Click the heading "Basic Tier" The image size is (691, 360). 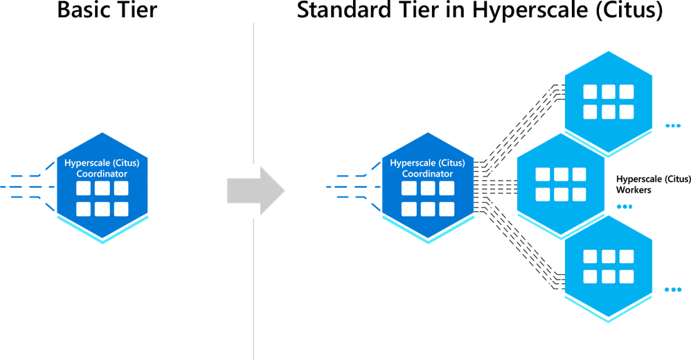[107, 10]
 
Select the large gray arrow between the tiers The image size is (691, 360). [256, 191]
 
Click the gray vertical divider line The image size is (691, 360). [254, 191]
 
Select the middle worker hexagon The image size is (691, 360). [561, 184]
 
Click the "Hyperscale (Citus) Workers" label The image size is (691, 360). [653, 184]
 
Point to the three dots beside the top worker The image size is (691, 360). [673, 126]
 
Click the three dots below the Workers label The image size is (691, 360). [625, 206]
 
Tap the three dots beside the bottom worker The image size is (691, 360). [673, 289]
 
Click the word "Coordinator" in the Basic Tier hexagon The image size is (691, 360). [102, 174]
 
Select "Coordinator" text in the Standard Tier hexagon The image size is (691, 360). [427, 174]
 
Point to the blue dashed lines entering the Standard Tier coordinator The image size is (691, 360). [353, 187]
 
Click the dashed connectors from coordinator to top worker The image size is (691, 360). [519, 128]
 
